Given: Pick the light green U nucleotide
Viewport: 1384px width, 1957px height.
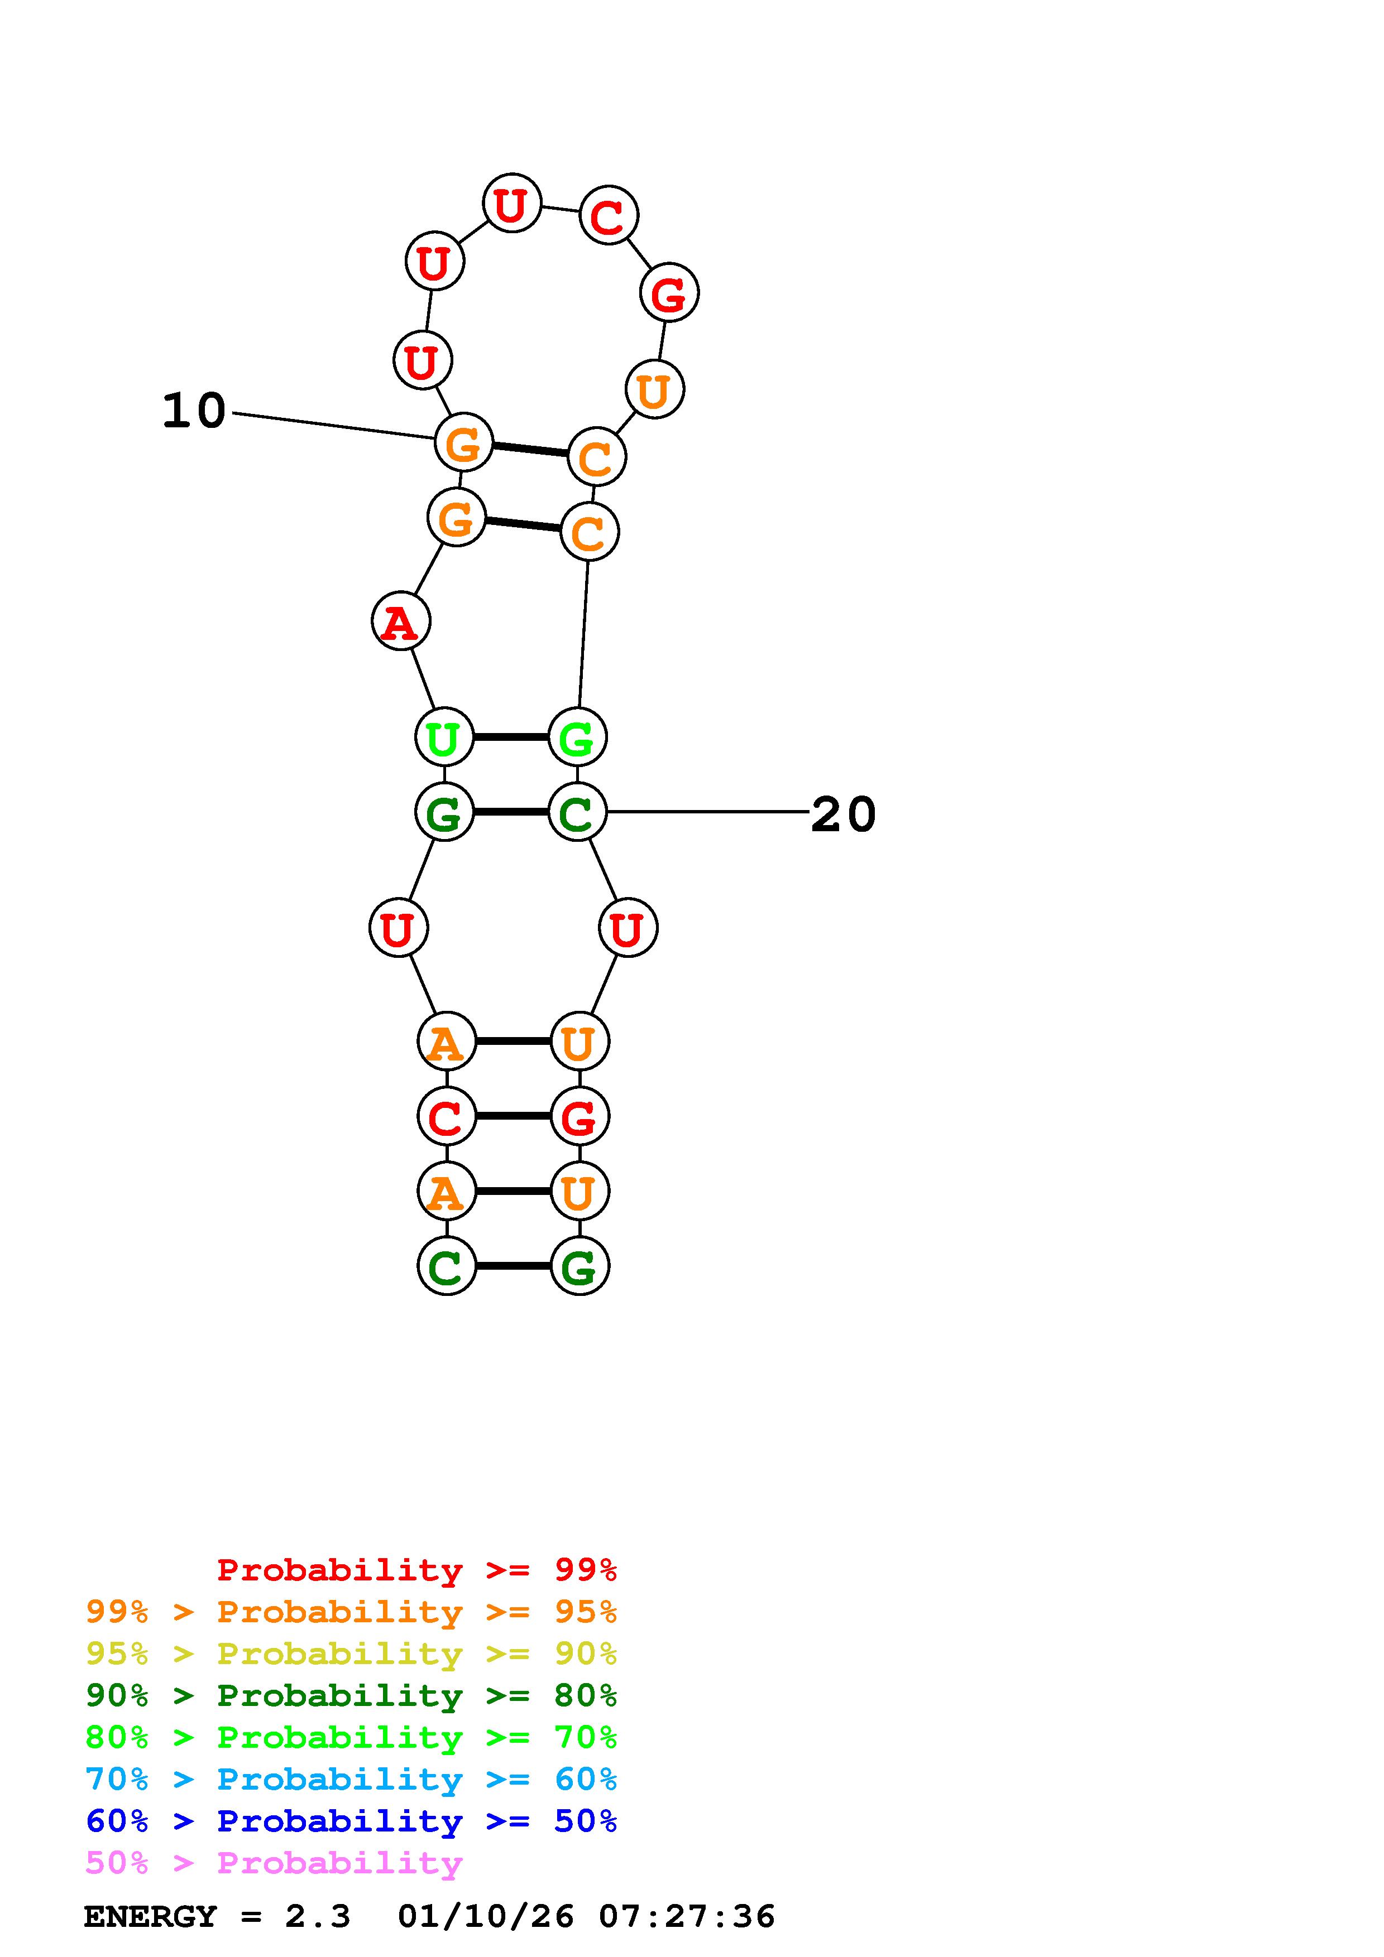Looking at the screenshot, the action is [x=443, y=738].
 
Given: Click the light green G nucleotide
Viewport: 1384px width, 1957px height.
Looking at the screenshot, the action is [x=577, y=738].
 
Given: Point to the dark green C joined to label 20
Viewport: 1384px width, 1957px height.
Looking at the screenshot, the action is [x=577, y=812].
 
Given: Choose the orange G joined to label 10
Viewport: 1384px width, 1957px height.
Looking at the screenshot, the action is [x=464, y=442].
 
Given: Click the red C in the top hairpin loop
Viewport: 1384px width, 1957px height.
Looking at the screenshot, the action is [x=608, y=216].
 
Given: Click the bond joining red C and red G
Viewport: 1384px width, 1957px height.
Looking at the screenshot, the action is [x=513, y=1116].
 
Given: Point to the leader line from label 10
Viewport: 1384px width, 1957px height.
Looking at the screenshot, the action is [x=333, y=426].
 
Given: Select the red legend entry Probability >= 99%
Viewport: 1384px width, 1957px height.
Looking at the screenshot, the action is [x=416, y=1570].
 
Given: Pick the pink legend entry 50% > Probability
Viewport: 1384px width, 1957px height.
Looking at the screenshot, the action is [x=274, y=1863].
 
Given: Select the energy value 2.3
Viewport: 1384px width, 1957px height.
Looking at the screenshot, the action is [x=317, y=1917].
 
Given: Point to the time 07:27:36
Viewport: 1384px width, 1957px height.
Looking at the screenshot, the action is [x=687, y=1917].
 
